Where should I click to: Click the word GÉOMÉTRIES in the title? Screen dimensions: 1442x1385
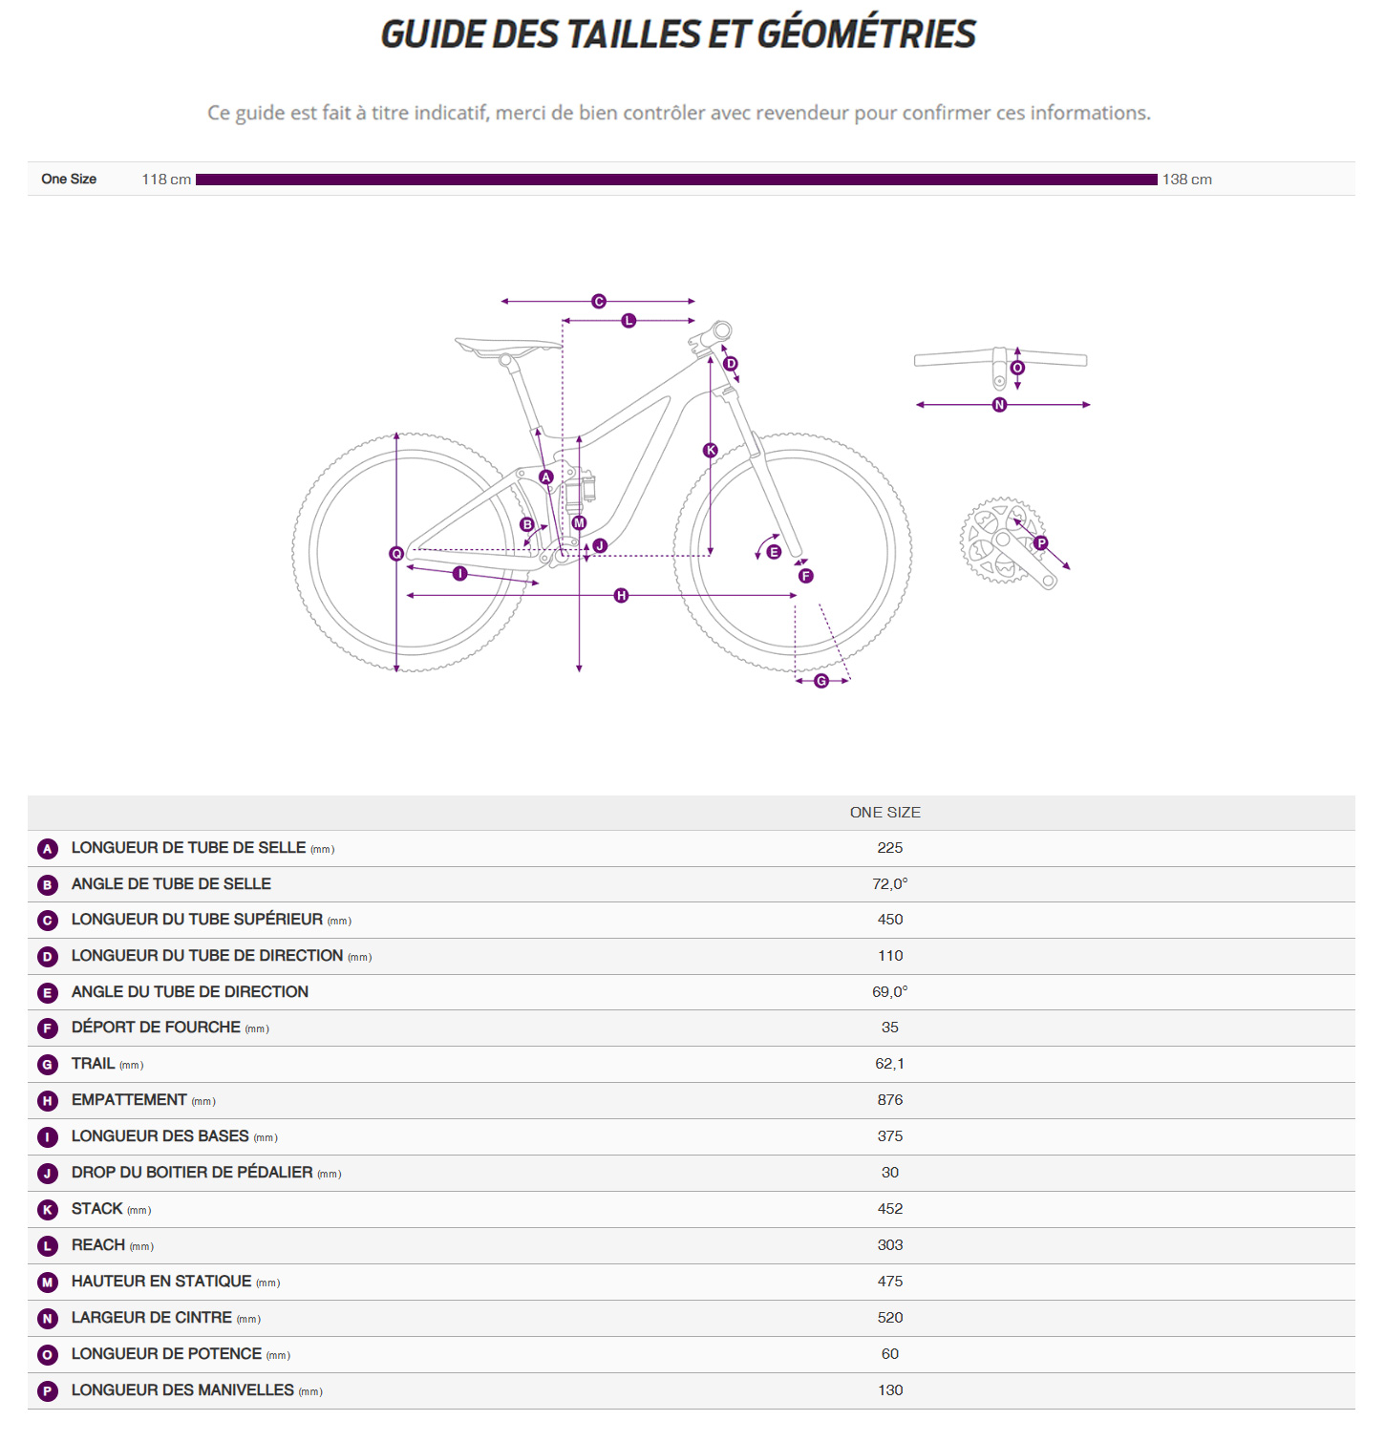click(866, 34)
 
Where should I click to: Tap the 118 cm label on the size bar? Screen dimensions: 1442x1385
click(166, 180)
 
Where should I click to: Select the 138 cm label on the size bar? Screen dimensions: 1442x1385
click(1186, 180)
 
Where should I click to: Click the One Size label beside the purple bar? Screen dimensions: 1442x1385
click(69, 180)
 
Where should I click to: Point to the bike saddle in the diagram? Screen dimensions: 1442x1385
click(506, 347)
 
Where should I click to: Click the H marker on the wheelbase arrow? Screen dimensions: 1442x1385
click(621, 596)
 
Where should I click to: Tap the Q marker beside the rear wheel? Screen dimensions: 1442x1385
click(396, 554)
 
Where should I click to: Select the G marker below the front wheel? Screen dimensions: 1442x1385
click(821, 681)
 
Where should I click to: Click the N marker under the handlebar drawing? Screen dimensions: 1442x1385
click(999, 405)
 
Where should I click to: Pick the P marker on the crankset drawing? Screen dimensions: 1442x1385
click(1040, 543)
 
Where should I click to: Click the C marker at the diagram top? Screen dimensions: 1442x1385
click(599, 302)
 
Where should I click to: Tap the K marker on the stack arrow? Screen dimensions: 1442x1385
click(710, 451)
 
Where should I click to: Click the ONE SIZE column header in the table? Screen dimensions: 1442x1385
click(884, 813)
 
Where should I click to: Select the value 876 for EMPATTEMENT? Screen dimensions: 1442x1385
click(889, 1100)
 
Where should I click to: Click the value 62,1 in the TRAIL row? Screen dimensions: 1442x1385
click(889, 1064)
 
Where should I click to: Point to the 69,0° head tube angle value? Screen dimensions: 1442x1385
click(889, 992)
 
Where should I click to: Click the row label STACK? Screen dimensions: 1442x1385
click(97, 1209)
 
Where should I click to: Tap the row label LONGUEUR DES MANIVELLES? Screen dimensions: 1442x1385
click(182, 1390)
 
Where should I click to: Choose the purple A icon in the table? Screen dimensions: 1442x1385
click(48, 849)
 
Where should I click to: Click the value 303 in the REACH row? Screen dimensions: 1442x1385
click(889, 1245)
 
